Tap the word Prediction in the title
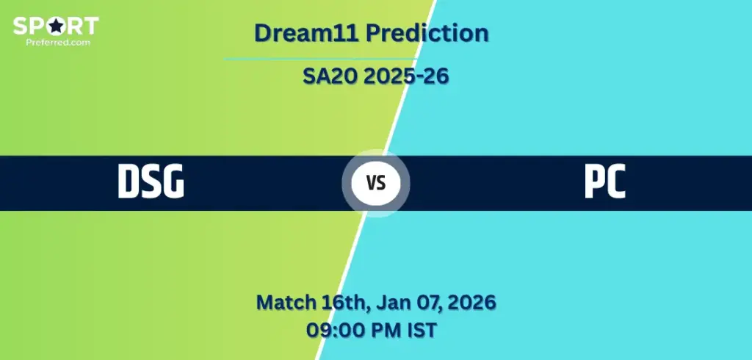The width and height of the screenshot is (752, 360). (x=427, y=33)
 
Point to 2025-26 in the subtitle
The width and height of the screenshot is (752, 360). (x=405, y=76)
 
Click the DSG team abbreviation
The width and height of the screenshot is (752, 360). (x=151, y=181)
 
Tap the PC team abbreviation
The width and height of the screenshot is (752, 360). (x=605, y=181)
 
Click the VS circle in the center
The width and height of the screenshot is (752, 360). (x=376, y=183)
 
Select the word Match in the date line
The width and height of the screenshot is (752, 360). (x=286, y=303)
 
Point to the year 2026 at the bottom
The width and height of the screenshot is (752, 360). (x=471, y=303)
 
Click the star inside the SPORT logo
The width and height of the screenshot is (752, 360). (x=56, y=26)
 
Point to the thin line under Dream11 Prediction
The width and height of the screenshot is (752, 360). (x=320, y=59)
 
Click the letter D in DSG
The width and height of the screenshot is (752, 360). (x=129, y=181)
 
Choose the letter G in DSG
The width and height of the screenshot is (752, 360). (x=173, y=181)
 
